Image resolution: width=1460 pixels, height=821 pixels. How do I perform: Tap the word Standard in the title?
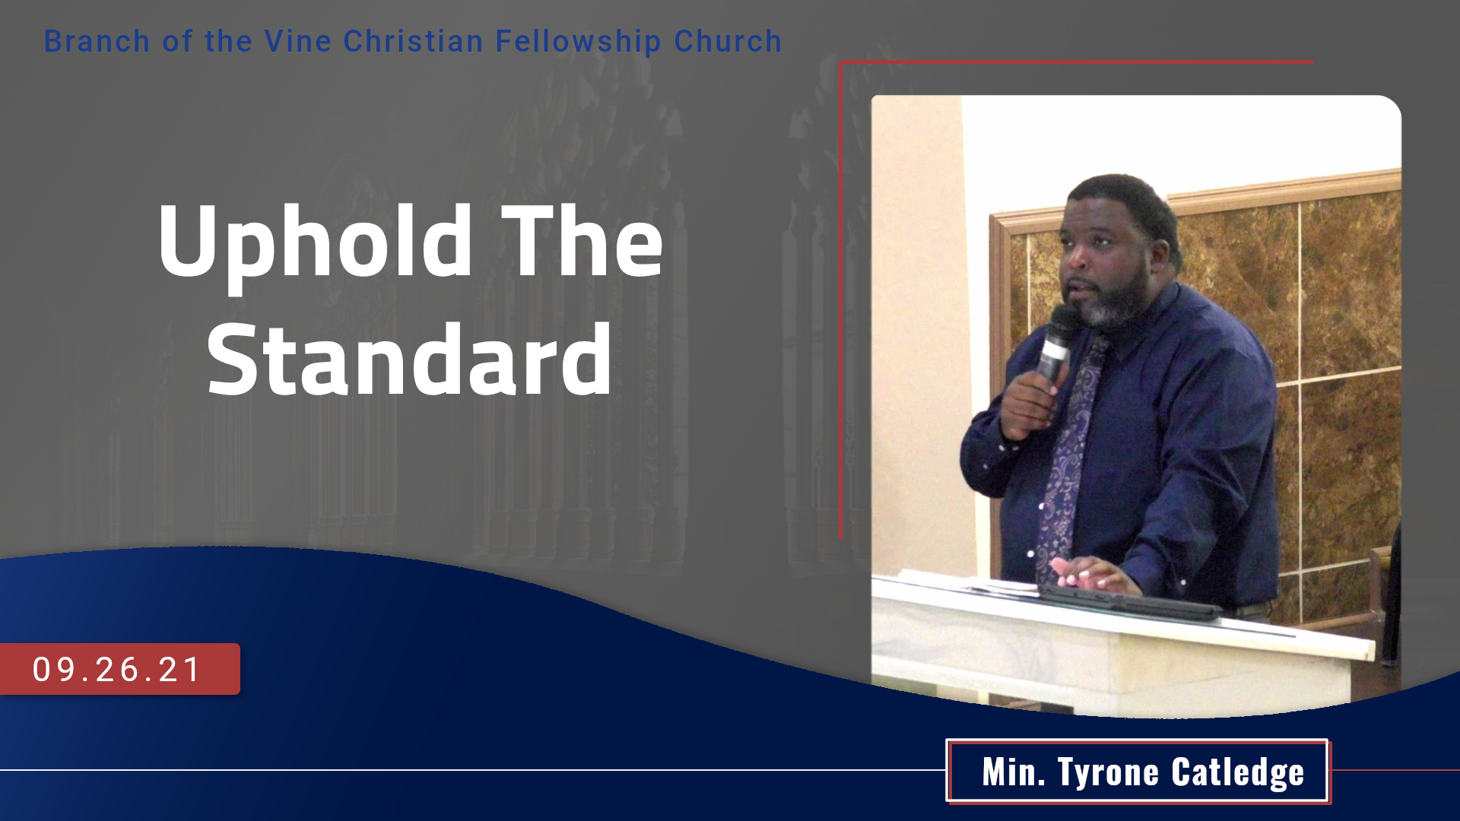[410, 359]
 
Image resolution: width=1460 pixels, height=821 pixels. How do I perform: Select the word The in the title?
[582, 241]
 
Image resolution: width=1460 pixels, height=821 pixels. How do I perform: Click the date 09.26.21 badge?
[120, 669]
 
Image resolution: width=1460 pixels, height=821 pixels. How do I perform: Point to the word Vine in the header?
[298, 41]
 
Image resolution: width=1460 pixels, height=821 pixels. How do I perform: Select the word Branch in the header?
[97, 41]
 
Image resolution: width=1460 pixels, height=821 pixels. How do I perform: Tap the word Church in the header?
[728, 41]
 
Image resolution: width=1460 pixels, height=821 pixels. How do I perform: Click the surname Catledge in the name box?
[1238, 772]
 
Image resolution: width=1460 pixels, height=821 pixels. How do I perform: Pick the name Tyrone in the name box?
[1109, 773]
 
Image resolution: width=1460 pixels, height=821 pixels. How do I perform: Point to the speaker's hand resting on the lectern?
[1092, 574]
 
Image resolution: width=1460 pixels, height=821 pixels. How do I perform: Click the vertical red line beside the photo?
[840, 300]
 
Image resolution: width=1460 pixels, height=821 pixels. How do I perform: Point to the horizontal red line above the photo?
[1076, 62]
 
